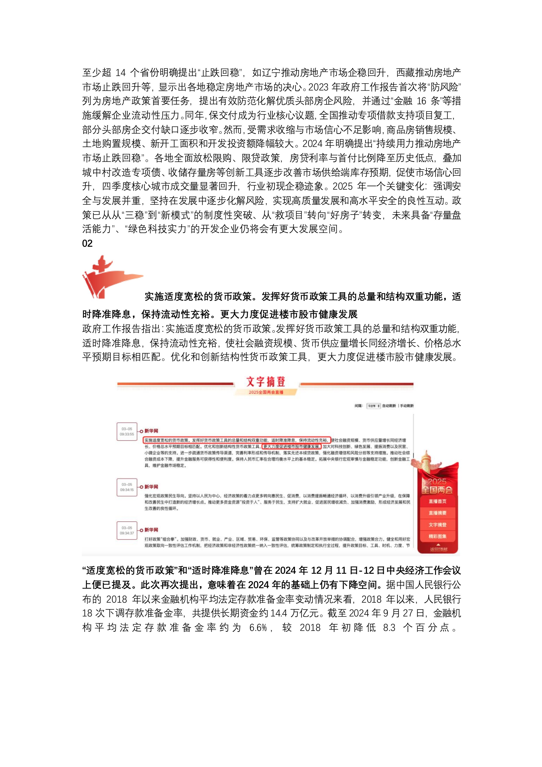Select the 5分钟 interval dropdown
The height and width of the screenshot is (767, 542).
click(373, 406)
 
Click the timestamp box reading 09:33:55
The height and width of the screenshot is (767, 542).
click(127, 432)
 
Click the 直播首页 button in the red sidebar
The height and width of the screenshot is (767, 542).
click(437, 501)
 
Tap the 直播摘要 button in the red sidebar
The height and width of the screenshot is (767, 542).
click(437, 513)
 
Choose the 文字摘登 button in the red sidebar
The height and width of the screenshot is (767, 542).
click(437, 525)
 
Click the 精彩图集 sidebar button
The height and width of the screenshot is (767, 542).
click(437, 537)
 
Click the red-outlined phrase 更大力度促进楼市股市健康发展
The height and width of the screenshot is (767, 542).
click(291, 447)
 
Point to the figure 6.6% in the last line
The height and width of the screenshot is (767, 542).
click(258, 628)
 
